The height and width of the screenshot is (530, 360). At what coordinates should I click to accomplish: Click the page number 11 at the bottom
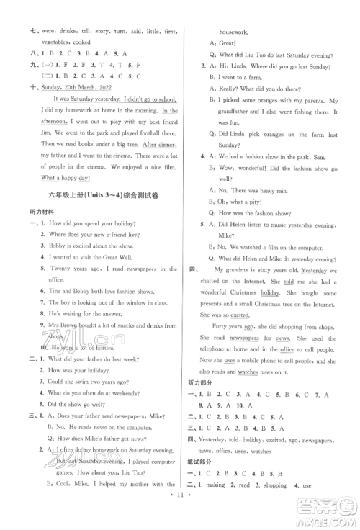(x=180, y=517)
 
